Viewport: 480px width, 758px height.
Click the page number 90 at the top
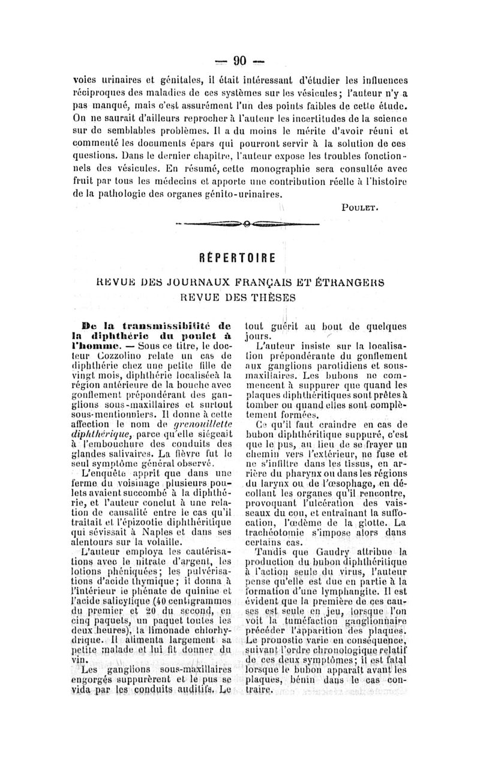(240, 60)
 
